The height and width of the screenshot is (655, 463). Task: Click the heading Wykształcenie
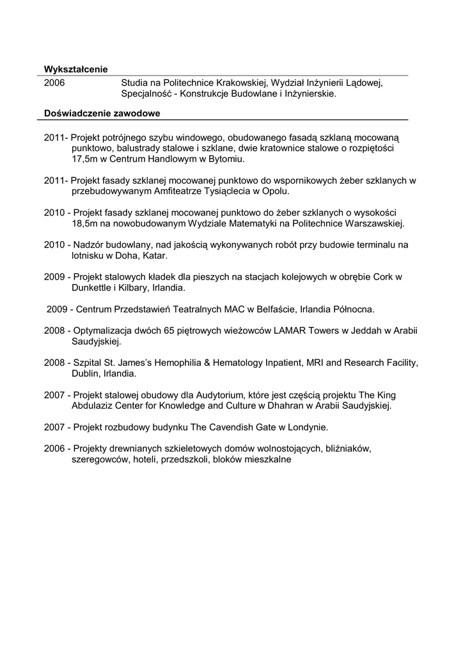75,69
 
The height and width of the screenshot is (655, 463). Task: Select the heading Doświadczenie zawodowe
102,114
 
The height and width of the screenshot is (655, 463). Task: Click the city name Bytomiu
226,159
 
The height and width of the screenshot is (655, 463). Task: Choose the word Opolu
276,191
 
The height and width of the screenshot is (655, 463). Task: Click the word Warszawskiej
374,223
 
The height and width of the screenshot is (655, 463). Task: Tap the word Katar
153,255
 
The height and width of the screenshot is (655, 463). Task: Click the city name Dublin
85,373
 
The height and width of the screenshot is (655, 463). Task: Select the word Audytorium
201,395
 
